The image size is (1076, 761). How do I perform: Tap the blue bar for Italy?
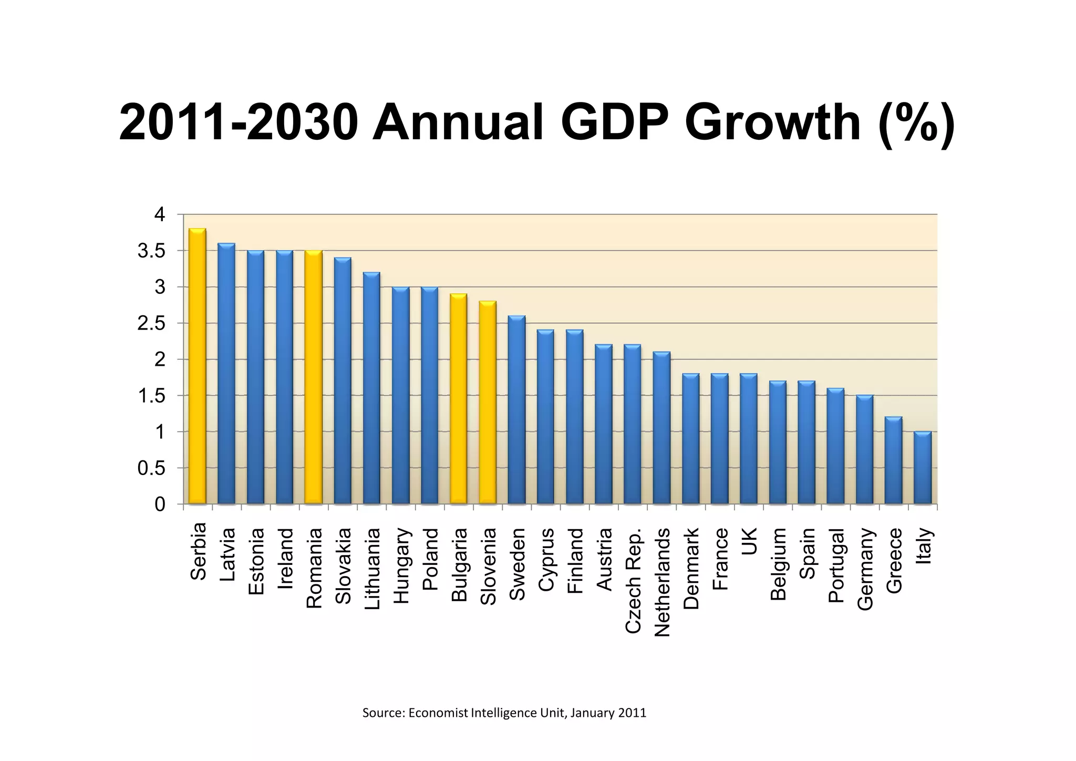coord(923,468)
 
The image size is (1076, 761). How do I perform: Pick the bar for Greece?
coord(894,460)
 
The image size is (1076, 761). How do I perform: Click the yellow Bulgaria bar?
coord(459,399)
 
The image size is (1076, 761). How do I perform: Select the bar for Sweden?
coord(517,410)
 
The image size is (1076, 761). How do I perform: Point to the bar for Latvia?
coord(226,374)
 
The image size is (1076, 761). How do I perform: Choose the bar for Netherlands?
coord(662,428)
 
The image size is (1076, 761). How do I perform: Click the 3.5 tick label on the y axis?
coord(151,251)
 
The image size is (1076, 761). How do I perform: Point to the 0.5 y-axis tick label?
coord(151,468)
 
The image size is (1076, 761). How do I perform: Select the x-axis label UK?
coord(749,541)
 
